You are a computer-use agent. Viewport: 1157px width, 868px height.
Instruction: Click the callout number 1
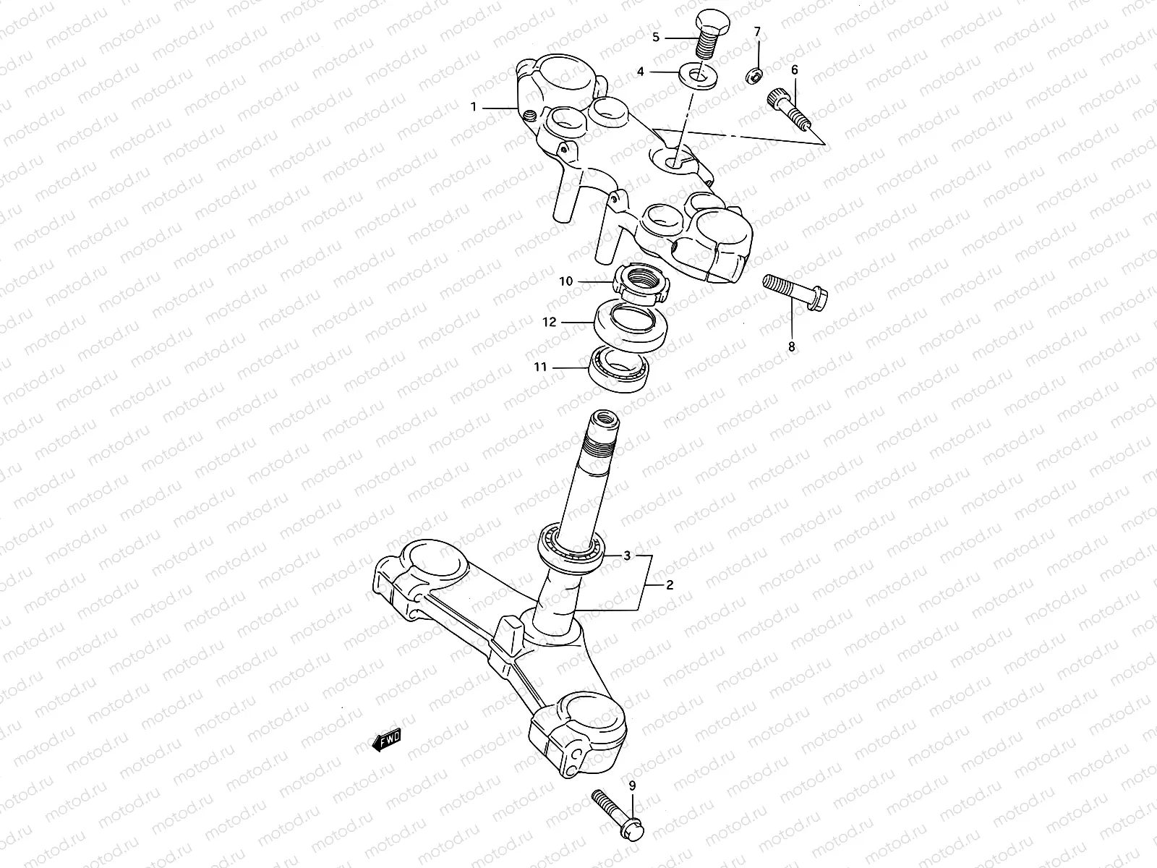(474, 108)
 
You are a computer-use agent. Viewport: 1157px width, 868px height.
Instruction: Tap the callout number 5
(656, 37)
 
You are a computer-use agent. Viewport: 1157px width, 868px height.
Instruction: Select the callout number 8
(791, 347)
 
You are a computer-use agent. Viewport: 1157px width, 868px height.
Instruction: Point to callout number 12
(550, 322)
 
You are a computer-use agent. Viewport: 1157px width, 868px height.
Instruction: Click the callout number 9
(632, 786)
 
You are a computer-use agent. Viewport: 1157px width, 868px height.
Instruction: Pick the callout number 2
(669, 584)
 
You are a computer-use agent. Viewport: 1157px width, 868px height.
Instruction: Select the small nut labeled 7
(753, 74)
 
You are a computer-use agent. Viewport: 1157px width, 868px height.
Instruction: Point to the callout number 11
(541, 367)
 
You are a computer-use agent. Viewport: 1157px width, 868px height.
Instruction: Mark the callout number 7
(757, 32)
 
